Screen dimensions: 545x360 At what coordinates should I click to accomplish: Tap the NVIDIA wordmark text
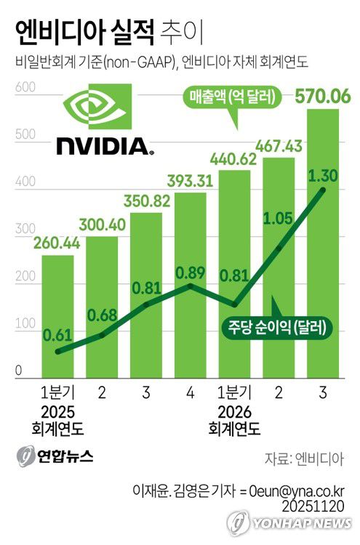tap(104, 148)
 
